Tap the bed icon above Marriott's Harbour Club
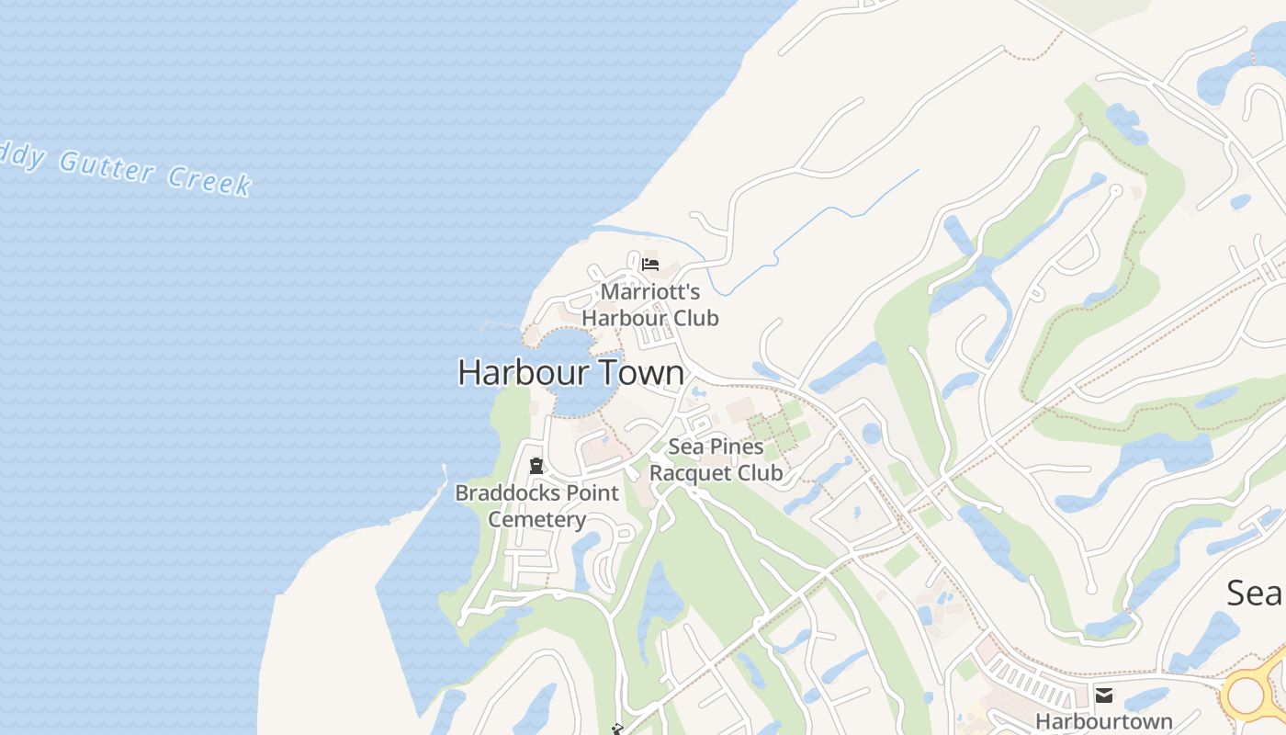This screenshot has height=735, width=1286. [x=650, y=265]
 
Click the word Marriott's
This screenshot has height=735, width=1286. [x=650, y=292]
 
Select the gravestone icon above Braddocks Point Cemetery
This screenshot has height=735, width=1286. [x=536, y=466]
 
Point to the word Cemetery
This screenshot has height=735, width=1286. [x=536, y=519]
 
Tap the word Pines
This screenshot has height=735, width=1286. [x=729, y=447]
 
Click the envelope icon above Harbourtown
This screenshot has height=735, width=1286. [x=1103, y=695]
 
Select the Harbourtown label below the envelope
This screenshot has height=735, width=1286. [x=1104, y=721]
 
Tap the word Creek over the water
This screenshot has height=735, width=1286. [x=209, y=180]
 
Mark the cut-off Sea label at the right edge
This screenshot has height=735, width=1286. [x=1256, y=593]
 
